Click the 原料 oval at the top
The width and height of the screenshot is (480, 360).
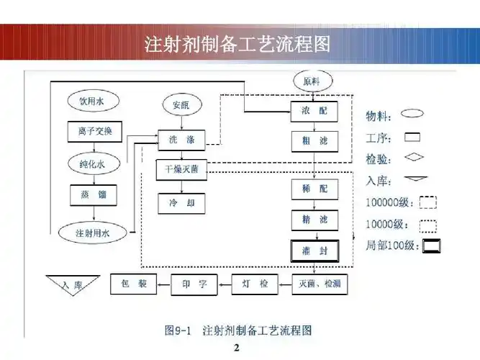(x=310, y=81)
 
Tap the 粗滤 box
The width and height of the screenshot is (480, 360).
(x=310, y=141)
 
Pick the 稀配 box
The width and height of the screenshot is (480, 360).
(x=310, y=189)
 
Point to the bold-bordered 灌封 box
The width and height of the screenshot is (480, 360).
(x=310, y=250)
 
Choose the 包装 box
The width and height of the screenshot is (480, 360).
(x=133, y=284)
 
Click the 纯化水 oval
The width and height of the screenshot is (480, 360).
(x=91, y=163)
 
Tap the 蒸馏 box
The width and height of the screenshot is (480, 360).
(x=91, y=194)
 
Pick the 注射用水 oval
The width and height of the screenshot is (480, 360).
(x=91, y=233)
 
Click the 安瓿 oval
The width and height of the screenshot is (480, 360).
(x=181, y=104)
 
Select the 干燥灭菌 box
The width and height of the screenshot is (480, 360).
(x=181, y=170)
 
